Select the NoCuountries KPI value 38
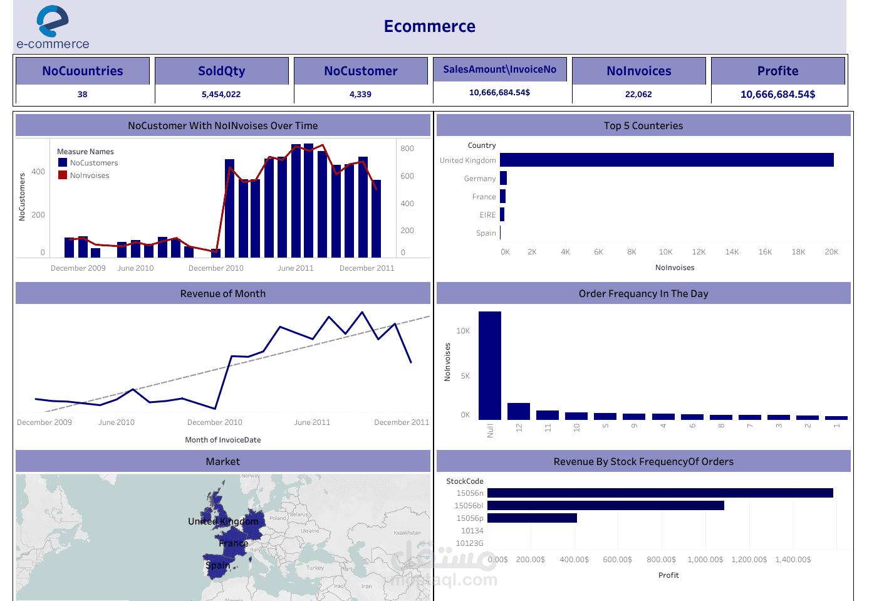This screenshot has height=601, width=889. tap(83, 95)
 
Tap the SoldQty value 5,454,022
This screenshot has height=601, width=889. tap(221, 95)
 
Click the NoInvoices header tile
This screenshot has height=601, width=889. tap(638, 71)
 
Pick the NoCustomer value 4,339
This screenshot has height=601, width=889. tap(360, 95)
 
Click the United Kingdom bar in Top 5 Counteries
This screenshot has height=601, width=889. tap(667, 160)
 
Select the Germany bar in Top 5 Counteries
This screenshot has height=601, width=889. tap(503, 178)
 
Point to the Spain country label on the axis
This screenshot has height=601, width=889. tap(486, 233)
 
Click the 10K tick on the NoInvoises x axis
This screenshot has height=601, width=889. tap(665, 252)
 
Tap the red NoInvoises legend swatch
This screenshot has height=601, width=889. tap(63, 175)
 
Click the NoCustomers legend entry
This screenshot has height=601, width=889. tap(93, 163)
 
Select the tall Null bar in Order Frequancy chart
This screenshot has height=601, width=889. tap(490, 365)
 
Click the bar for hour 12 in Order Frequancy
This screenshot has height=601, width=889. tap(519, 411)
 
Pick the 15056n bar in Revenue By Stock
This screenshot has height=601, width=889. tap(660, 493)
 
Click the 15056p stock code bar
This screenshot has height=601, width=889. tap(532, 518)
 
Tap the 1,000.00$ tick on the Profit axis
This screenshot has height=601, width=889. tap(705, 560)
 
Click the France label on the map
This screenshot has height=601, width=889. tap(233, 543)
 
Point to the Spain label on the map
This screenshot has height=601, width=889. tap(218, 565)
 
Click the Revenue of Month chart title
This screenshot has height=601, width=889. tap(223, 293)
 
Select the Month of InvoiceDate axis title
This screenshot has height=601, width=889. tap(223, 440)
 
